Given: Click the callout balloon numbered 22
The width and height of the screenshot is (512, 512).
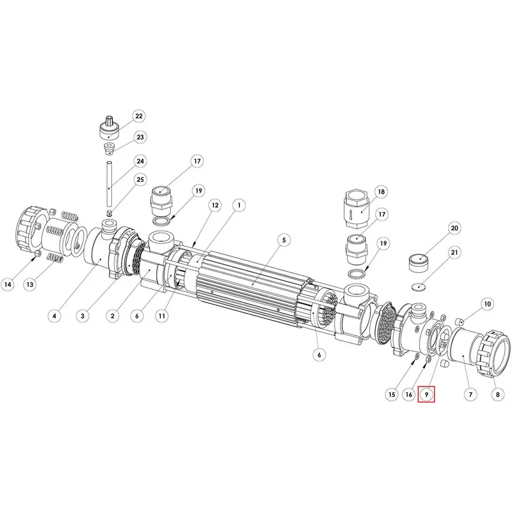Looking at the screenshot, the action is [x=139, y=116].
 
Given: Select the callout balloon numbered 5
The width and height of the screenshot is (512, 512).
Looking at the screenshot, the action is [x=284, y=240].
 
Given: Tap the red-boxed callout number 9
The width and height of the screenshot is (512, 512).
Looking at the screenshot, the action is [x=426, y=394].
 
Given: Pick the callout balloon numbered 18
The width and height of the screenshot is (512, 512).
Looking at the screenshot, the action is [x=381, y=191].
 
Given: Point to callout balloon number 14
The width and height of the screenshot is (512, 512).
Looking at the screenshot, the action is [x=8, y=284].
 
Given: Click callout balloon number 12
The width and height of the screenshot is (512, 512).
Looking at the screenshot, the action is [x=215, y=205].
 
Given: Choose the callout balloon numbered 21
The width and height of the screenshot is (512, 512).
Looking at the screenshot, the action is [x=454, y=252].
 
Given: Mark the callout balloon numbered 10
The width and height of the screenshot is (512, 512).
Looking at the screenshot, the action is [x=487, y=304].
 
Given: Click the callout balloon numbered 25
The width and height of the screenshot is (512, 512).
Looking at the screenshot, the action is [x=140, y=180].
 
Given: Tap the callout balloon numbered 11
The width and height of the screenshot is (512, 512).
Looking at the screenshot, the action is [x=162, y=316].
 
